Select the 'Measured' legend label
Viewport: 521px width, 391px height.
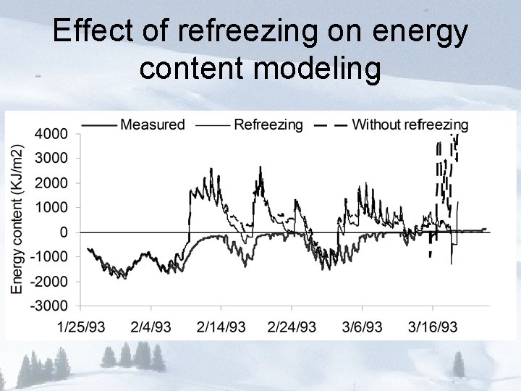(x=153, y=125)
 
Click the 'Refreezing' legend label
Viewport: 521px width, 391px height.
(x=268, y=125)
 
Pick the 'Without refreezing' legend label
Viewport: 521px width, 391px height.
(x=410, y=125)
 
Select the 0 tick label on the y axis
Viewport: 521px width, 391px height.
(x=64, y=232)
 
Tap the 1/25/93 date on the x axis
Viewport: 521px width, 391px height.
(x=80, y=327)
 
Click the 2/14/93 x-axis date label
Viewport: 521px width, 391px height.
(x=221, y=327)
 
